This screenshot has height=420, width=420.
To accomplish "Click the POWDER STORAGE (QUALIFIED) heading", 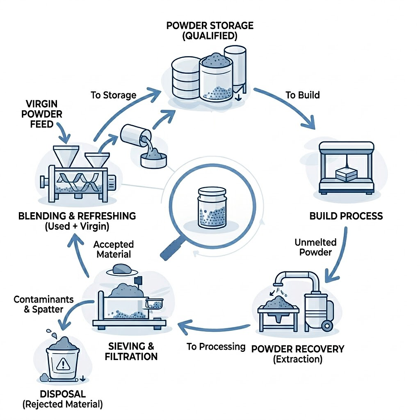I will [x=210, y=30].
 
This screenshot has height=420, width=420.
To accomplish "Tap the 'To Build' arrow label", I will [x=302, y=95].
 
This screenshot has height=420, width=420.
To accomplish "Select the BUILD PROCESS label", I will [x=346, y=216].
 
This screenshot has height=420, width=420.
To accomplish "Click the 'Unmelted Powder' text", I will [x=315, y=247].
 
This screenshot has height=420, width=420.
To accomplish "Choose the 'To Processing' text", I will [x=216, y=346].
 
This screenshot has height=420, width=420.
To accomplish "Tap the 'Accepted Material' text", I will [x=114, y=249].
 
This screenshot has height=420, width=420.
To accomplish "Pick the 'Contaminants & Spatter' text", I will [x=44, y=304].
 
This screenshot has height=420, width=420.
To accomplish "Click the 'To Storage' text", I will [x=114, y=95].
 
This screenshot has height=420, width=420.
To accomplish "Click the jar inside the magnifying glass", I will [x=210, y=207].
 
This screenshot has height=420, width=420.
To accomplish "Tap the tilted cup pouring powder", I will [x=134, y=136].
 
